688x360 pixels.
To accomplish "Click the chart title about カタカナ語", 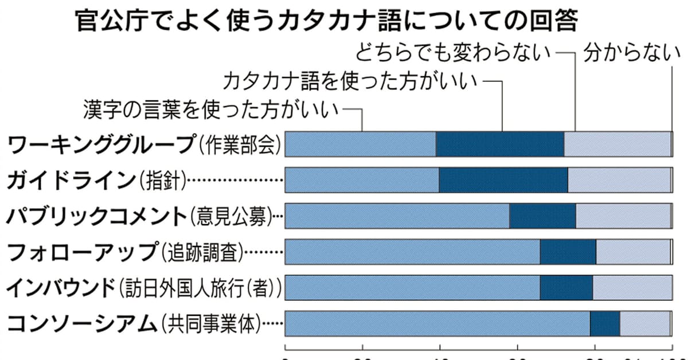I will (326, 23).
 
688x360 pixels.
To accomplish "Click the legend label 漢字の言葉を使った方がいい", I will (211, 108).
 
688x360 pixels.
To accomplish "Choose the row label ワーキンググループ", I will (101, 144).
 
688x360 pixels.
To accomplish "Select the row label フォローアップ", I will (81, 252).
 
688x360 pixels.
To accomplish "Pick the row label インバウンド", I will (61, 288).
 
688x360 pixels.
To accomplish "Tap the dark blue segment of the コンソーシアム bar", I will (604, 324).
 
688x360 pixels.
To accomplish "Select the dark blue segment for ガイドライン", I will (503, 181).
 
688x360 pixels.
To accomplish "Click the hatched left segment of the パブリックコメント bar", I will (397, 216).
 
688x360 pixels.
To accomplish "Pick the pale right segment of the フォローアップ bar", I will (632, 252).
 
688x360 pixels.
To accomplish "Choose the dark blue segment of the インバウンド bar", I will (566, 288).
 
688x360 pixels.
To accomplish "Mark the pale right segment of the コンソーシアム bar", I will (644, 324).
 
